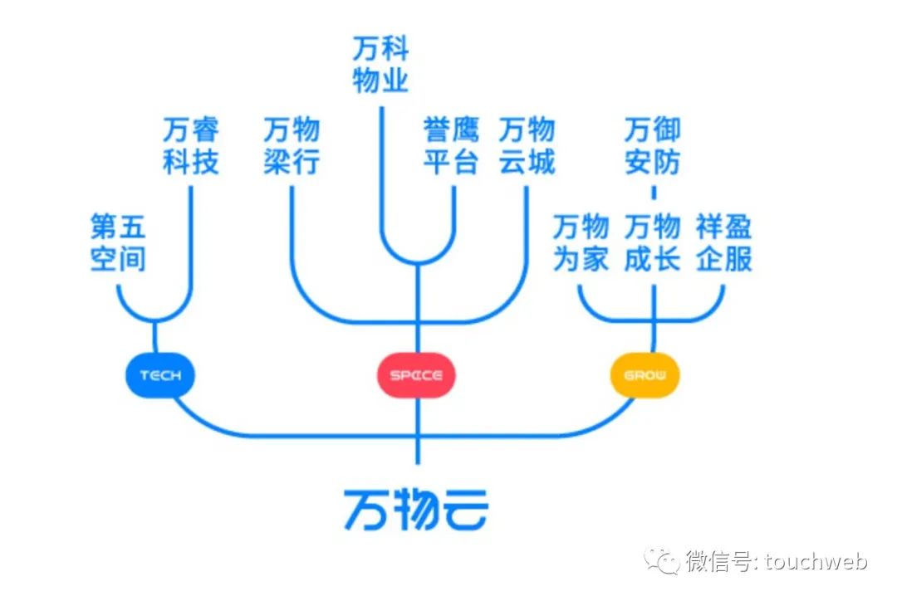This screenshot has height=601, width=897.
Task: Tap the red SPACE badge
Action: pos(416,375)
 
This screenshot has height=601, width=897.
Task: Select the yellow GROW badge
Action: pos(645,375)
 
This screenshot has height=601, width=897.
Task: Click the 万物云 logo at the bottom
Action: pos(416,508)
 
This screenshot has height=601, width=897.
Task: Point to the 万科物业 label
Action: pos(380,66)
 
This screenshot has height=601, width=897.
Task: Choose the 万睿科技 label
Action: pos(191,146)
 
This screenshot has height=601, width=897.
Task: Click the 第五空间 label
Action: pos(118,242)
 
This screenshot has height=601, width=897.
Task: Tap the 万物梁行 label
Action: pos(292,146)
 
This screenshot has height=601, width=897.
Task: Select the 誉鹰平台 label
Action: pos(451,146)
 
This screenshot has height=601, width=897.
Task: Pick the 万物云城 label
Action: pos(527,146)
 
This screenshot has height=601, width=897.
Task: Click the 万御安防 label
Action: pos(652,146)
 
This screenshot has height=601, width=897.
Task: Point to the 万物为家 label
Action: pos(581,242)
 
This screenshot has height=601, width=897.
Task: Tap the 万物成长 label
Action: pos(652,242)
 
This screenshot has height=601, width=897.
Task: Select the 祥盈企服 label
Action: pos(724,242)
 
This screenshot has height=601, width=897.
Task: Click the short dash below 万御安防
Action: pos(653,193)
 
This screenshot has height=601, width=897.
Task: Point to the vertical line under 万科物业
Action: pos(381,166)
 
